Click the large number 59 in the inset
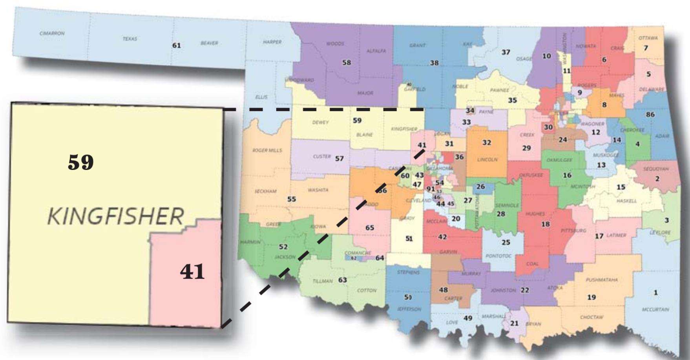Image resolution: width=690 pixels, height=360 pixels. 81,163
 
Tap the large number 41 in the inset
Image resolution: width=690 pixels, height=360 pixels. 192,272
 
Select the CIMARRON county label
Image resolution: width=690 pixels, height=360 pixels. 52,33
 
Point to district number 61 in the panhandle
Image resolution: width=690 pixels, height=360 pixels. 177,46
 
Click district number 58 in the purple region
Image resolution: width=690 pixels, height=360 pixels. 346,62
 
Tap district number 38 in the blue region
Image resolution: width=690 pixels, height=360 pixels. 434,63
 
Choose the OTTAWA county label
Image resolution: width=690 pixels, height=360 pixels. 648,38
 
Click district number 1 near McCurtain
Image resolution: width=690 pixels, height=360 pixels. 655,292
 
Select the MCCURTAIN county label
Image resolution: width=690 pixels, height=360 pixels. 655,309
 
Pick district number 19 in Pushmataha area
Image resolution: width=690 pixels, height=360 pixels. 591,297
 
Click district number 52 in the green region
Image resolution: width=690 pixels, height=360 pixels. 283,247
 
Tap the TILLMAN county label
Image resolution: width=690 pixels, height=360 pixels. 323,281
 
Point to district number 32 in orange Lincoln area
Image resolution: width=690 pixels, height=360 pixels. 487,143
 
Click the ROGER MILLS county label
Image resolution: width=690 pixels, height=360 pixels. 267,150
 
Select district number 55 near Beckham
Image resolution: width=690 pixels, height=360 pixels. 291,199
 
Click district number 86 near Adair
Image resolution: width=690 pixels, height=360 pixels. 650,114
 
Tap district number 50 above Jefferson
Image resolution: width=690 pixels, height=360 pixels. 408,297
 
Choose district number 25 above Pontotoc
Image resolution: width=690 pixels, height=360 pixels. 506,242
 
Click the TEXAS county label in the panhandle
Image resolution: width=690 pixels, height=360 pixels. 130,39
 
